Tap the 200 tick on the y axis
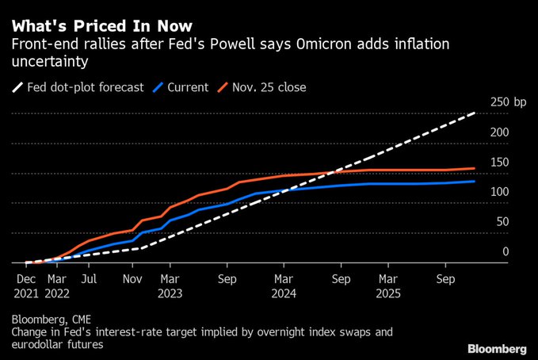[x=499, y=132]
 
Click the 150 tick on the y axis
[x=499, y=163]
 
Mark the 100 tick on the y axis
[x=499, y=192]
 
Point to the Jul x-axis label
[x=89, y=279]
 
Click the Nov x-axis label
[x=132, y=279]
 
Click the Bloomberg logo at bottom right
[x=497, y=348]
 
